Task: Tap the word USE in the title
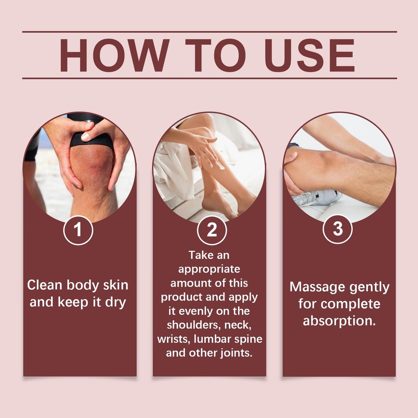tap(310, 55)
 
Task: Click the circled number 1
tap(78, 230)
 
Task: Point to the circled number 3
tap(338, 229)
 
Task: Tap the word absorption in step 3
tap(339, 321)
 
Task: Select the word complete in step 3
tap(351, 304)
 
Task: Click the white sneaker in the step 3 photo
tap(317, 198)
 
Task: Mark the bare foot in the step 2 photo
tap(219, 204)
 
